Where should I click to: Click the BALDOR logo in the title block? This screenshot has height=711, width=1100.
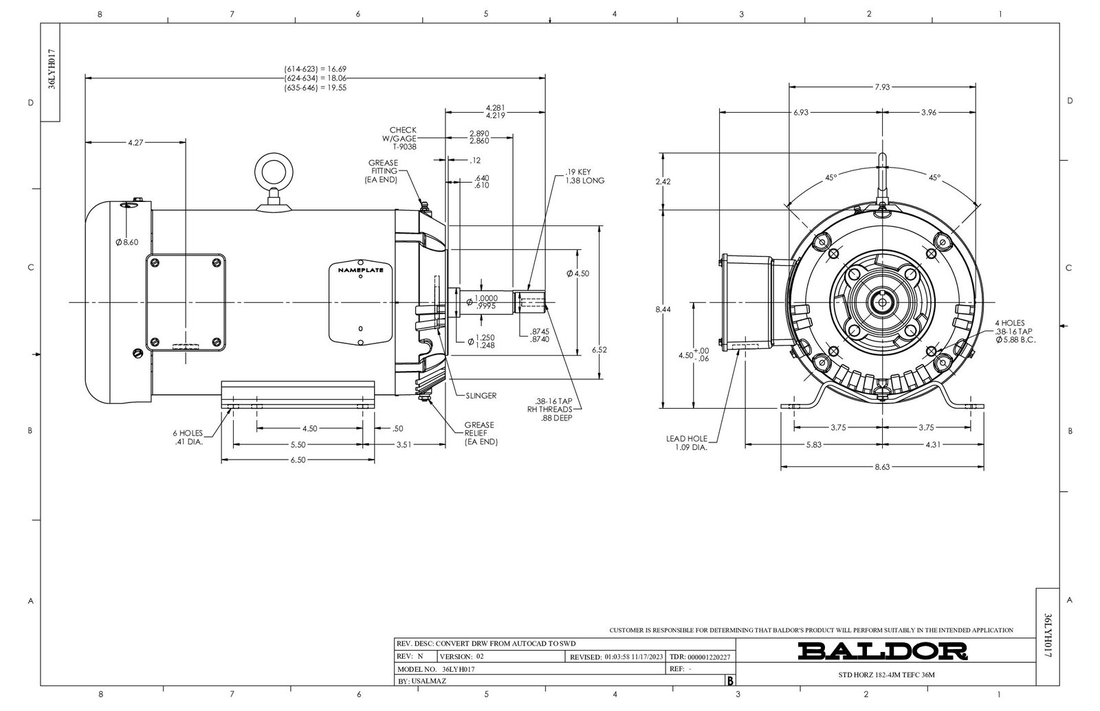[882, 650]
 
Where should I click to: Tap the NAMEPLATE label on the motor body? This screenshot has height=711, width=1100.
[360, 270]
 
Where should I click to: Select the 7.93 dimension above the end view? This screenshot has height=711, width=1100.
[882, 87]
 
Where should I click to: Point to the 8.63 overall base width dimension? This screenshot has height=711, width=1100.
[881, 467]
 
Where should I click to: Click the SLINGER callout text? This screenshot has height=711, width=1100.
[481, 396]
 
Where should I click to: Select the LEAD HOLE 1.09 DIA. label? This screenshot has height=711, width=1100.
[687, 442]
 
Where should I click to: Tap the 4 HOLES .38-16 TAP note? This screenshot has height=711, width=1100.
[1015, 331]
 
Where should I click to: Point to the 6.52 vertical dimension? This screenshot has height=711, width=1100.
[599, 350]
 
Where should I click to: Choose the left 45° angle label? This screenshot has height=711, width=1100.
[830, 177]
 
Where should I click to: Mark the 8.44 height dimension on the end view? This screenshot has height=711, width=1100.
[663, 310]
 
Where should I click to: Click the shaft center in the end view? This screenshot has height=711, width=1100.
[882, 301]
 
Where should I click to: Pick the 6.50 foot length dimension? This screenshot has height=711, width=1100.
[298, 460]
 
